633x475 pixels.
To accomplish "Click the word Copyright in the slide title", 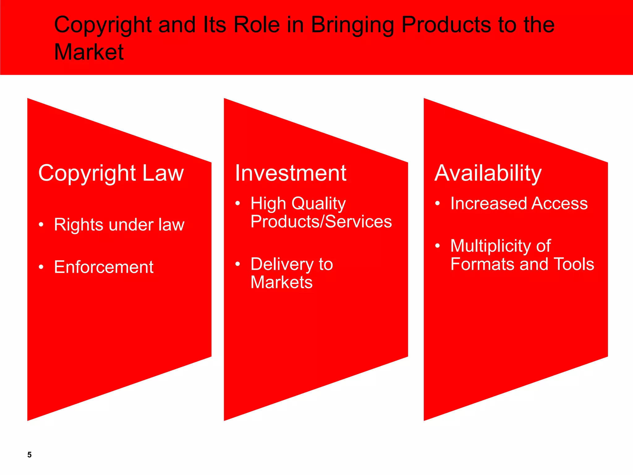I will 103,25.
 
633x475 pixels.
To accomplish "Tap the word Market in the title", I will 89,52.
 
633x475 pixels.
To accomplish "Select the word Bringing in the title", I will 352,25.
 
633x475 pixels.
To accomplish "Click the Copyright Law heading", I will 111,173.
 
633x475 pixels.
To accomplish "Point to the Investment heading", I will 290,173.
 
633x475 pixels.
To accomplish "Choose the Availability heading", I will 488,173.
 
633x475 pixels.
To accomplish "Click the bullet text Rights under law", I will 119,225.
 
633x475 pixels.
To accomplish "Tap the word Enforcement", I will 104,267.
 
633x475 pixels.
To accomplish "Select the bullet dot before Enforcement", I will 41,267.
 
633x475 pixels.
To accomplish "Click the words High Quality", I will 298,203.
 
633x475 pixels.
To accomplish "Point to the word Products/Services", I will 321,221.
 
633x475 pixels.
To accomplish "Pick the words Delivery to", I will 291,264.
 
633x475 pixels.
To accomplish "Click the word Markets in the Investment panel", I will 281,282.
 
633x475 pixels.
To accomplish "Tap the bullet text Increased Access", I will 519,203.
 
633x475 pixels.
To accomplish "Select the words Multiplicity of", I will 500,246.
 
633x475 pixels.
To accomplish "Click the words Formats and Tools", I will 522,264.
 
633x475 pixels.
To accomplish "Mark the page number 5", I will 29,455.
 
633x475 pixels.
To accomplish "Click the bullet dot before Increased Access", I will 437,203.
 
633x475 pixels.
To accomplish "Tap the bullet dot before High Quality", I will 237,203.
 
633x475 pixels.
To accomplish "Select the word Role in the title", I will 257,25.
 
